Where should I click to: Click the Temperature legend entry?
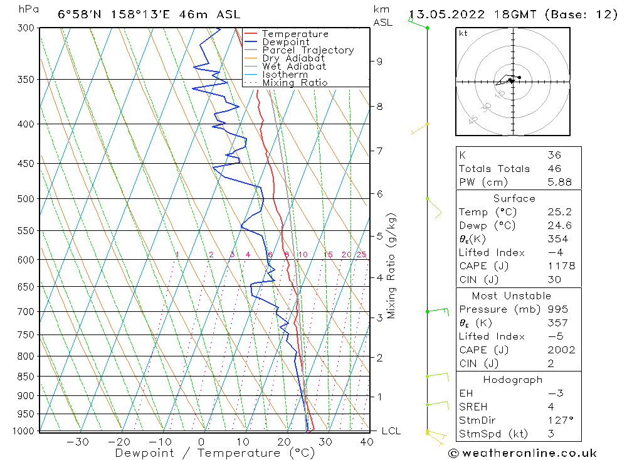tap(295, 34)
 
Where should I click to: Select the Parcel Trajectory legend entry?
tap(308, 50)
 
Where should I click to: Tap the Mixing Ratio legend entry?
tap(295, 83)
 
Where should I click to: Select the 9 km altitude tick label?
tap(379, 62)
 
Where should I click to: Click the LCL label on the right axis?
tap(391, 431)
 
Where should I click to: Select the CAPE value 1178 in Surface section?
tap(561, 266)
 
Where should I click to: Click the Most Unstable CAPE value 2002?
tap(561, 350)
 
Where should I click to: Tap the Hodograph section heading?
tap(513, 380)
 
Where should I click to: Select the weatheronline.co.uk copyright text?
tap(522, 453)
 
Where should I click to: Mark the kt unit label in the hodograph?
tap(463, 33)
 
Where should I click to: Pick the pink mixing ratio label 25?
tap(361, 254)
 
